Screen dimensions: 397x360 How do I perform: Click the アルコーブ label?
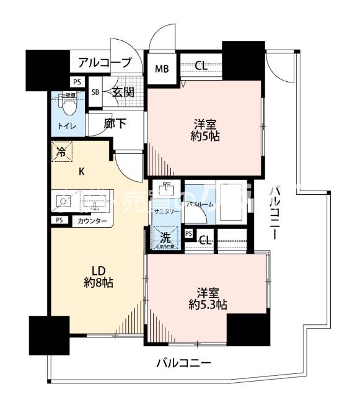click(105, 63)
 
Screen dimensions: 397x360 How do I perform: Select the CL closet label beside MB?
click(201, 66)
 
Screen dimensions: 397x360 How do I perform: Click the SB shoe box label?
click(95, 92)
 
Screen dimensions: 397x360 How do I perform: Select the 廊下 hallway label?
click(115, 124)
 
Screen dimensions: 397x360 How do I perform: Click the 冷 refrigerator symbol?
click(62, 151)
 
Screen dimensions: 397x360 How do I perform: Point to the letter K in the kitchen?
click(81, 173)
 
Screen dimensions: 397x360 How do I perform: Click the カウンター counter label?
click(92, 221)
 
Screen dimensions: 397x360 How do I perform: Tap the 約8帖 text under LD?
click(98, 283)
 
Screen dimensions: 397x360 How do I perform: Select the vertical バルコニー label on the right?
click(276, 216)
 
